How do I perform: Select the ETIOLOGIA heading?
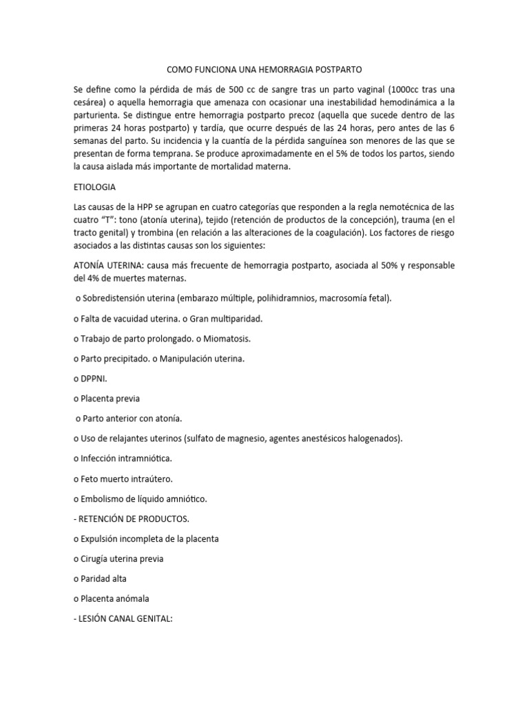click(x=94, y=187)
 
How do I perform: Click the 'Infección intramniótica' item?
click(x=122, y=458)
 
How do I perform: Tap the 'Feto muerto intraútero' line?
click(x=123, y=478)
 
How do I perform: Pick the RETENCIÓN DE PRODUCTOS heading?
click(x=131, y=518)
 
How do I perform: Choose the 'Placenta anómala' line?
click(x=110, y=598)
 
